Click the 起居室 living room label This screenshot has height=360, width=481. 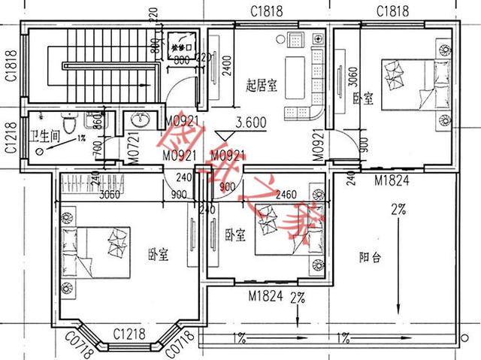[x=261, y=86]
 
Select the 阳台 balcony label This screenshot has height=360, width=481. [x=371, y=256]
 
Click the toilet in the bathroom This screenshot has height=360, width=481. [x=70, y=123]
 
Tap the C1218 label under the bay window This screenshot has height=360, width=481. [x=130, y=333]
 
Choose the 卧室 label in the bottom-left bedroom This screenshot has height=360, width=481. [x=157, y=255]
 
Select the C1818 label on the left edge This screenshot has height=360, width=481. [x=11, y=65]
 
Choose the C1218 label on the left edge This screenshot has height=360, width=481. [x=11, y=139]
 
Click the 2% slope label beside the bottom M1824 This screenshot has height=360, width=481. [x=298, y=298]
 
